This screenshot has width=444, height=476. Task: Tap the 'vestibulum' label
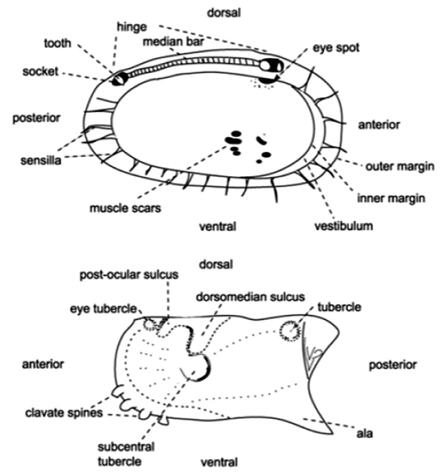point(344,226)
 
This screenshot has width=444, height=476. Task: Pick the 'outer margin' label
point(398,167)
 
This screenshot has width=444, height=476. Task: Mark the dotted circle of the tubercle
point(290,331)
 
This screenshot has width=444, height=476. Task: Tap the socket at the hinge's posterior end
point(120,77)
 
